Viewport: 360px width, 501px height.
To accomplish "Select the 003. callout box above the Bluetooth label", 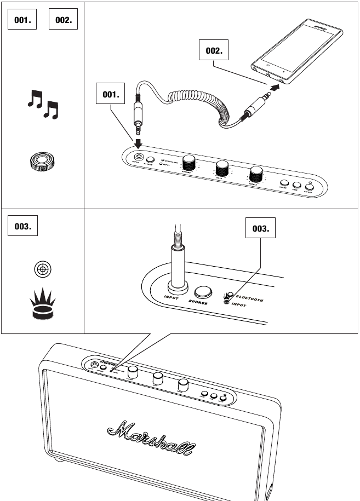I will [261, 230].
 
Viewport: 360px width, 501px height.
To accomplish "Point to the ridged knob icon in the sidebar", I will [43, 160].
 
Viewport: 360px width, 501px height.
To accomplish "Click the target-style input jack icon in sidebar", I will [43, 269].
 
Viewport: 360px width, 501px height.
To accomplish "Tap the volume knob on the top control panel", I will [190, 162].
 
